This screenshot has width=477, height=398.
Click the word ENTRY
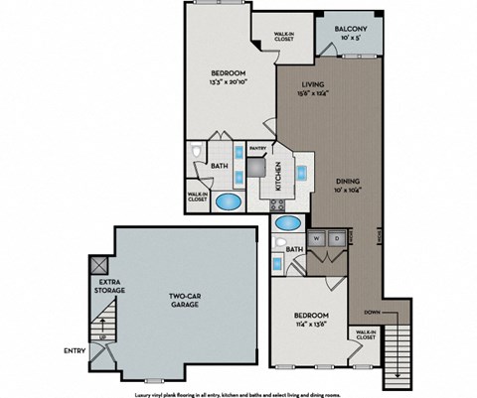[74, 348]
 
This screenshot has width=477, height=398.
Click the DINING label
[346, 180]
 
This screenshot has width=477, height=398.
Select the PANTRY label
[257, 149]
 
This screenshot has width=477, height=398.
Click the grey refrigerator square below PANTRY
[257, 169]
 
